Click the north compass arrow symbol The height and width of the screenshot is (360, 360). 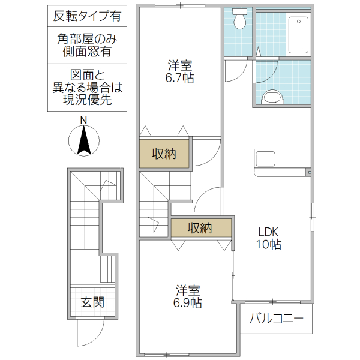(x=85, y=142)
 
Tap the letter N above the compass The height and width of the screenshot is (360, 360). (x=84, y=120)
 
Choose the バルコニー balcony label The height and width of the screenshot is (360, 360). (x=276, y=318)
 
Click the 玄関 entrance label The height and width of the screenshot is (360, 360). (x=93, y=302)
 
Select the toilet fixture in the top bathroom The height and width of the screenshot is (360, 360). (x=240, y=20)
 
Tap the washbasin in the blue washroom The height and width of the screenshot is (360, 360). (x=273, y=98)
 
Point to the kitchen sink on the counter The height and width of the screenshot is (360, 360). (x=265, y=159)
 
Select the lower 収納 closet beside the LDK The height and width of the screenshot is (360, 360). (x=200, y=228)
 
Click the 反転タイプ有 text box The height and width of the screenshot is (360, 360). (x=87, y=16)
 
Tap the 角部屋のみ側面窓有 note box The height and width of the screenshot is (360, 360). (x=87, y=45)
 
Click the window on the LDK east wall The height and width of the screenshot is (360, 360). (x=313, y=215)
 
